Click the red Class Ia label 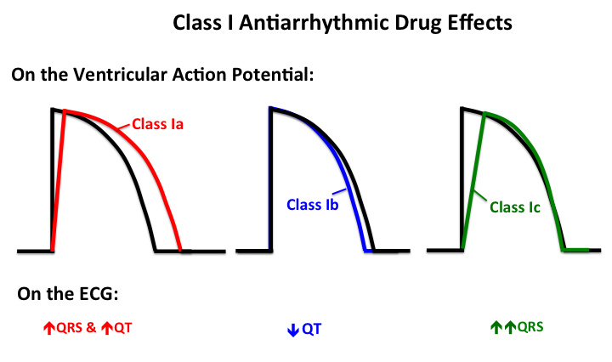point(158,125)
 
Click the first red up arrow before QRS point(50,325)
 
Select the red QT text point(123,325)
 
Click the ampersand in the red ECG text point(91,325)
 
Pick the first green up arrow point(496,325)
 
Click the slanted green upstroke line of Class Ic point(473,183)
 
